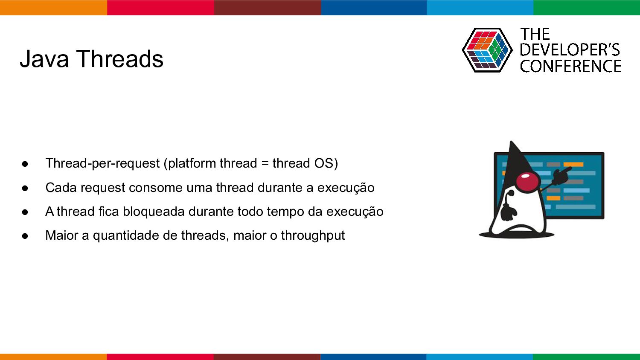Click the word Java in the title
(44, 59)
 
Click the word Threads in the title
(119, 58)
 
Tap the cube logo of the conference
(487, 50)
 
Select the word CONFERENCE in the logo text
(570, 66)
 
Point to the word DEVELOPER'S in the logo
(570, 50)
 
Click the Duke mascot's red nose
(528, 180)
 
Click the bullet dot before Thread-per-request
(25, 164)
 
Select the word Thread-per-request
(102, 163)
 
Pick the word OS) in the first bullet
(326, 163)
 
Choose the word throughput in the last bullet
(313, 236)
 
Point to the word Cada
(61, 188)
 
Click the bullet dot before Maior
(25, 236)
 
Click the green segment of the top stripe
(587, 7)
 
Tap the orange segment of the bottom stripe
(53, 357)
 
